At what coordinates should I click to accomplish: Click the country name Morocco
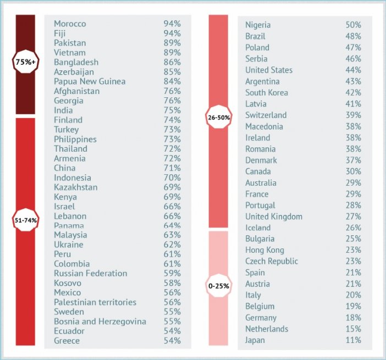coord(70,24)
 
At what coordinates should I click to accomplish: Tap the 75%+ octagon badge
coord(25,62)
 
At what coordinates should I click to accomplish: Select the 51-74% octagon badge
coord(25,220)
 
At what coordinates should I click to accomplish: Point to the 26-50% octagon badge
coord(219,117)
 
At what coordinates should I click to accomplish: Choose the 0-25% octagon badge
coord(219,285)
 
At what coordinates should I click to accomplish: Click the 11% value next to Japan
coord(354,340)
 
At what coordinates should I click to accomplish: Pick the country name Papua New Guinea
coord(90,81)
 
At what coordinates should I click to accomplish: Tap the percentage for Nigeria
coord(354,25)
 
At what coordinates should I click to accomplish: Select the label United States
coord(269,70)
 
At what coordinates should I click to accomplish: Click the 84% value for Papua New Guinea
coord(172,81)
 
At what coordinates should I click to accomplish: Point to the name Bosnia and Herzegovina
coord(100,322)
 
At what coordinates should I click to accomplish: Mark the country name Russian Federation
coord(90,273)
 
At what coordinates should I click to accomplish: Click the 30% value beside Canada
coord(354,171)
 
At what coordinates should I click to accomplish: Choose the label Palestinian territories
coord(95,302)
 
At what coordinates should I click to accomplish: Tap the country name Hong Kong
coord(265,250)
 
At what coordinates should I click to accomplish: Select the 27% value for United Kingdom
coord(354,217)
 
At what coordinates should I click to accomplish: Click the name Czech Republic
coord(272,261)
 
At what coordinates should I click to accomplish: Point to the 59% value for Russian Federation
coord(172,273)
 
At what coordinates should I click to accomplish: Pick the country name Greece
coord(67,341)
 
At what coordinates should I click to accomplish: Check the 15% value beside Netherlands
coord(354,329)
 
